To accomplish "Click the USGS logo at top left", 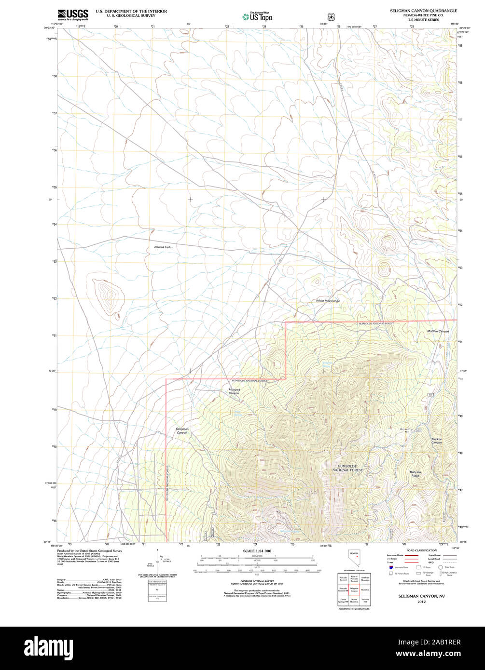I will point(72,14).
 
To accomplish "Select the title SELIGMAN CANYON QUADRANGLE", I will point(423,10).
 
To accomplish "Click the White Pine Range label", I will point(328,301).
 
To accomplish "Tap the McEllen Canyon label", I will point(438,331).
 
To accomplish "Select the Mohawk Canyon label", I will point(234,391).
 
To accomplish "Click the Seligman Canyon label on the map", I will point(182,430).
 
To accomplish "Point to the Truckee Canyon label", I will point(436,441).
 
